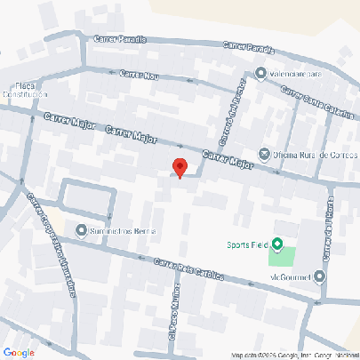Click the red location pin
[x=180, y=167]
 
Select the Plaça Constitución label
[x=24, y=89]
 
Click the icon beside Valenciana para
[x=260, y=73]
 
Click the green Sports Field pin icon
[x=276, y=244]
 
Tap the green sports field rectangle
[x=284, y=257]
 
